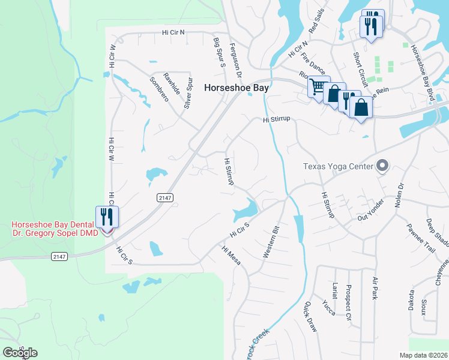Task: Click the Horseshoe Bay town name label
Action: (x=237, y=87)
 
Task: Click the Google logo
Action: (x=20, y=353)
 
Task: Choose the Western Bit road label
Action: (x=272, y=242)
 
